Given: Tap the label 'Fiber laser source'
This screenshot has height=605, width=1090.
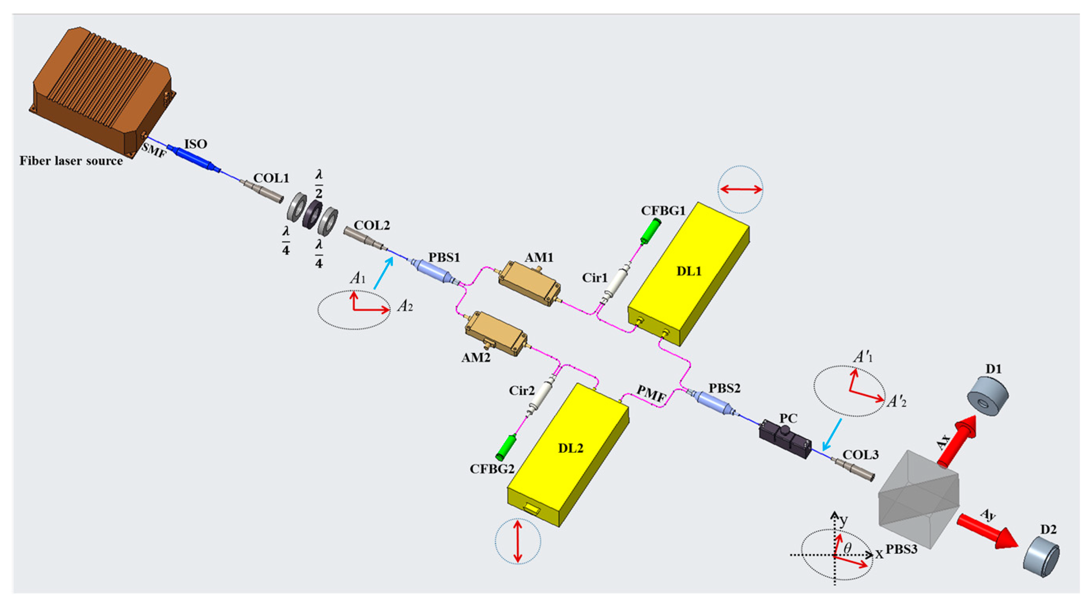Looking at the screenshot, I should point(71,161).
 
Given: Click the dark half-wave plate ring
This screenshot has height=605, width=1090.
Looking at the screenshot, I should point(312,216).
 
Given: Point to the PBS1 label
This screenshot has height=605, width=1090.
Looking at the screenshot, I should point(444,257).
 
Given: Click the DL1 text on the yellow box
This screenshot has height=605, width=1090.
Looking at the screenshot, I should point(689,271).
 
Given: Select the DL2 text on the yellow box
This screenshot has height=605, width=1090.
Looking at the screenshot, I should point(570,448).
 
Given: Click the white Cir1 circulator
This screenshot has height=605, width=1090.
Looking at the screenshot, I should point(616,284).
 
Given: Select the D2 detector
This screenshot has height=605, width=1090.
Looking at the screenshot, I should point(1042,556).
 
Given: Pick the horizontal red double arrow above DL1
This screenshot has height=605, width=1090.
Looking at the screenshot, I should point(741,189).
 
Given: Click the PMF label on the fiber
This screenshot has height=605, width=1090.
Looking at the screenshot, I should point(651,394).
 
